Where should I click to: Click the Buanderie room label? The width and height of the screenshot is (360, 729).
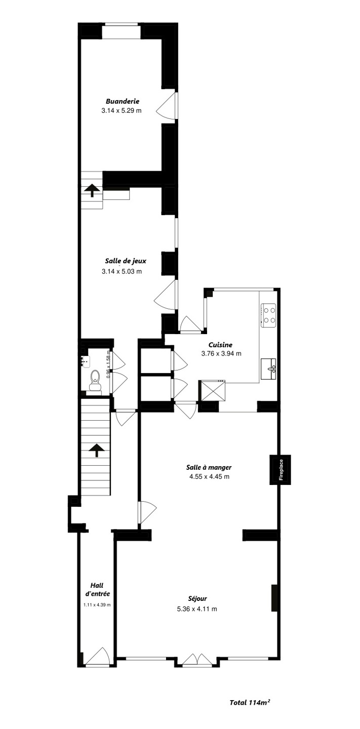[x=122, y=101]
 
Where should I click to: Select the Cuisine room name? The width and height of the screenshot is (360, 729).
[x=220, y=345]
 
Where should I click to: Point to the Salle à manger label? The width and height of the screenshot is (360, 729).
[x=209, y=467]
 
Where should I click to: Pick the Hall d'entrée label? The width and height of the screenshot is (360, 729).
[x=97, y=589]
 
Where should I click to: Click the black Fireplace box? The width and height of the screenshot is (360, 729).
[x=280, y=470]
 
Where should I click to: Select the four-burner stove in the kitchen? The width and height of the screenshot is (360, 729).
[x=268, y=315]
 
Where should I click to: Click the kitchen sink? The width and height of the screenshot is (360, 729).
[x=268, y=369]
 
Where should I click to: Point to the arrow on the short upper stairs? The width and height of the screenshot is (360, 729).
[x=92, y=190]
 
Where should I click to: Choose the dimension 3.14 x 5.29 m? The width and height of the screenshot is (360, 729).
[x=122, y=110]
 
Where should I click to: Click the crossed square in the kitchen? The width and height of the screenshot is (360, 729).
[x=212, y=391]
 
